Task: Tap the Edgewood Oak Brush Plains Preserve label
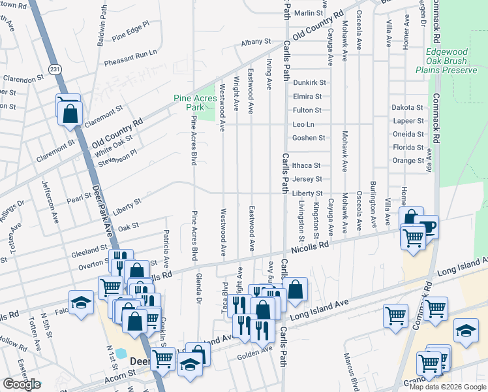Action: coord(446,61)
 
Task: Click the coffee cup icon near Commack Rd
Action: coord(429,227)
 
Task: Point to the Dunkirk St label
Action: coord(309,83)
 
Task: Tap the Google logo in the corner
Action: coord(22,384)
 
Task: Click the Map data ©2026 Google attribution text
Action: coord(448,386)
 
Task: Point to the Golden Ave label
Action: coord(258,350)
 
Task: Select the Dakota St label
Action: coord(407,107)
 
